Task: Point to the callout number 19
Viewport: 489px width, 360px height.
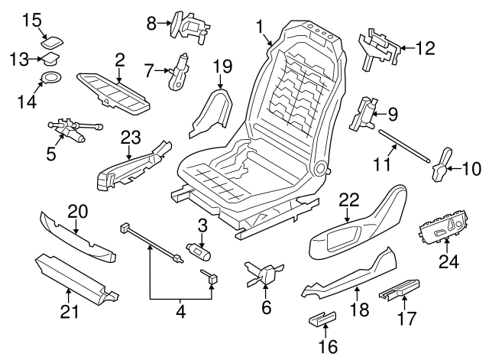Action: click(222, 66)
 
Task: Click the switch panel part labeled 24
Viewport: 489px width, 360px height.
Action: click(443, 227)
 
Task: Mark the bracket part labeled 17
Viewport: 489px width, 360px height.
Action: click(401, 291)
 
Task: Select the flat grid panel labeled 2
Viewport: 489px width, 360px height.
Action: click(113, 92)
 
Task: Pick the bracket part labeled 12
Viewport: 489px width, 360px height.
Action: click(380, 46)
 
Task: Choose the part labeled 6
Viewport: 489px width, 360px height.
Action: click(264, 274)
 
